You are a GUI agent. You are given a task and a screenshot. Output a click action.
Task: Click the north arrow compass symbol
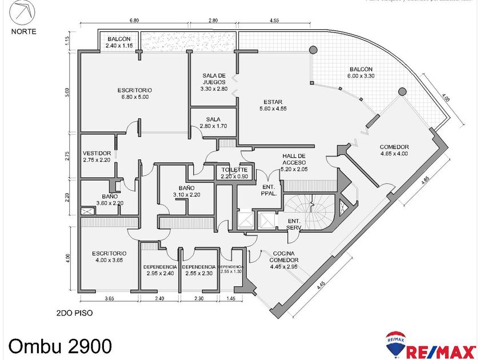23,11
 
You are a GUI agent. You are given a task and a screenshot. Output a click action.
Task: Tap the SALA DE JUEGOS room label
214,82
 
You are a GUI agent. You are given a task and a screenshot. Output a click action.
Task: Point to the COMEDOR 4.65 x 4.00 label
394,150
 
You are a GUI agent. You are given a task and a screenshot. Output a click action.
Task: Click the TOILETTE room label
234,173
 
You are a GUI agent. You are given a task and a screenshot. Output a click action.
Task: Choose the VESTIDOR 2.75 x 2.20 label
97,157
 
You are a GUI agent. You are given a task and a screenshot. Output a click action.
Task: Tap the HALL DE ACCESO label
294,162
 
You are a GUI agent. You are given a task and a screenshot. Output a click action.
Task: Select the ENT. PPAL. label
269,190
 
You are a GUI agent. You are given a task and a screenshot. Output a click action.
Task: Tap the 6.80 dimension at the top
134,21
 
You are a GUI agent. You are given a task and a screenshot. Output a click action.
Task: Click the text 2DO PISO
75,313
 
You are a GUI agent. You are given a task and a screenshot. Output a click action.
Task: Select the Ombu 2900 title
60,345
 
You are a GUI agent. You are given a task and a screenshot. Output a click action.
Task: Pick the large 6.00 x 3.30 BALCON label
361,73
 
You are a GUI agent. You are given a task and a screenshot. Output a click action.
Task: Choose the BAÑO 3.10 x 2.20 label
186,191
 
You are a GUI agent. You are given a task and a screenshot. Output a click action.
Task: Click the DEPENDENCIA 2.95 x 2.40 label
159,270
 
